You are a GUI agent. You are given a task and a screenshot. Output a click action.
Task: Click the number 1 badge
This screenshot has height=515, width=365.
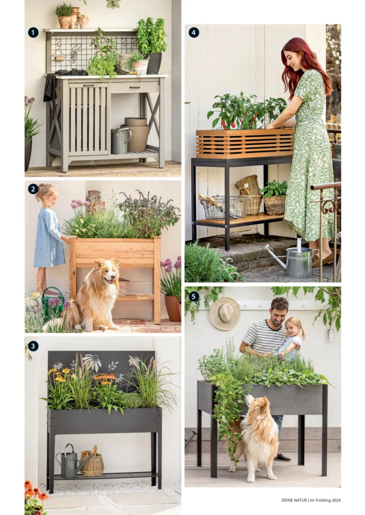(x=33, y=32)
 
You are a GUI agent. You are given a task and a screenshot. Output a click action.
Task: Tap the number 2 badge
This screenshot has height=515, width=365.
(x=33, y=189)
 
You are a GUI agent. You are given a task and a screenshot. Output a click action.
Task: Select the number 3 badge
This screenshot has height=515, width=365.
(x=33, y=346)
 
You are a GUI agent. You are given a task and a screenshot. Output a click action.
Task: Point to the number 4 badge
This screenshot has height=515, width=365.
(x=194, y=32)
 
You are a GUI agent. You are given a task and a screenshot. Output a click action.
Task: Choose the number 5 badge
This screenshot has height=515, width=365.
(x=194, y=296)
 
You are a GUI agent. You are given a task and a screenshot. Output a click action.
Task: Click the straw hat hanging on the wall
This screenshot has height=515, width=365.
(x=225, y=314)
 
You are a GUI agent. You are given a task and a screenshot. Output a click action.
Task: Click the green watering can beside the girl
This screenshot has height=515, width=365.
(x=52, y=304)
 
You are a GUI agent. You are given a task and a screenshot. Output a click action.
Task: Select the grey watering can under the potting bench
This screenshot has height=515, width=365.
(x=120, y=141)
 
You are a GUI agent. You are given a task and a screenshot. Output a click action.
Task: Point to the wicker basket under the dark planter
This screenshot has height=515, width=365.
(x=92, y=464)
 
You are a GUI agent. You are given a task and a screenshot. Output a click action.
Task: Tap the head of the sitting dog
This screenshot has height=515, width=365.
(x=106, y=272)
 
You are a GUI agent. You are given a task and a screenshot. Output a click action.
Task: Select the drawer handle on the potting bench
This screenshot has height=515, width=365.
(x=135, y=87)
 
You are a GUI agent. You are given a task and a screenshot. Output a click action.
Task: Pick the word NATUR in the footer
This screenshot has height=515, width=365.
(x=300, y=500)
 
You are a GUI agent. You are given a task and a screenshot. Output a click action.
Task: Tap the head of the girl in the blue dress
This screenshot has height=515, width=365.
(x=47, y=195)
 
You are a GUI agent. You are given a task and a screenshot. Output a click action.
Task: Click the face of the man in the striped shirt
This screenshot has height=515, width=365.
(x=278, y=313)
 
